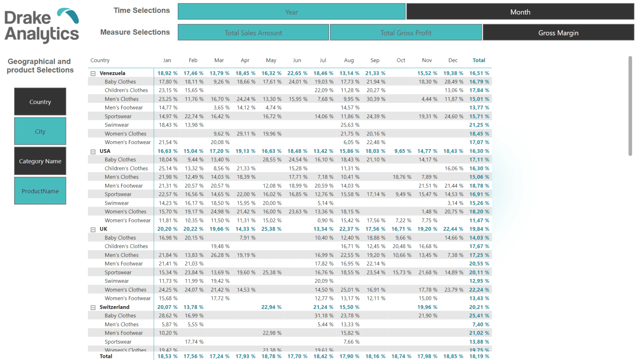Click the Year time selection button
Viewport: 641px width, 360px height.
(291, 12)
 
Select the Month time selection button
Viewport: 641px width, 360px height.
(520, 12)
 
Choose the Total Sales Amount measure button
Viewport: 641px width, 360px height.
(253, 33)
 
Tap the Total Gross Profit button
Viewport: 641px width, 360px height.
(406, 33)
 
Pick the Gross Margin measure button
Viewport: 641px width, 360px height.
(558, 33)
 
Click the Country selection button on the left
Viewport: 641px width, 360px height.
(40, 101)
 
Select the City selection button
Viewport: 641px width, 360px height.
(40, 131)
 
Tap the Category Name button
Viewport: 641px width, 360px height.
(40, 161)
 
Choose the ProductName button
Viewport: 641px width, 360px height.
(40, 191)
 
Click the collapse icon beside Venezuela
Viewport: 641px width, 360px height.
(93, 74)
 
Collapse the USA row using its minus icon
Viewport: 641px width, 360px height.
(93, 152)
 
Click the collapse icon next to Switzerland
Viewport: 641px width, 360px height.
(93, 307)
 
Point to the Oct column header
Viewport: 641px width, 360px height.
(401, 60)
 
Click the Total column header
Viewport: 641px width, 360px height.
(479, 60)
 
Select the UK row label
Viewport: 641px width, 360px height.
(103, 229)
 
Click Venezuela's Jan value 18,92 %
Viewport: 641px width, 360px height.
(167, 73)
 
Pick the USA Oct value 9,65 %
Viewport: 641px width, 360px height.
(402, 151)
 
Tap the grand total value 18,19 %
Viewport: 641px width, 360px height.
(479, 356)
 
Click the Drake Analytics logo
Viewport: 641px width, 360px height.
(42, 25)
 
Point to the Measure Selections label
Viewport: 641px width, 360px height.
(135, 32)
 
